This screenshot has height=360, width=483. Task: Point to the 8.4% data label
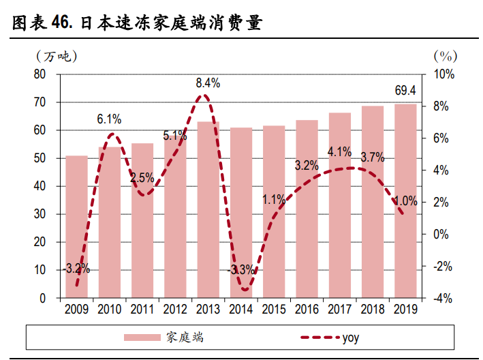click(x=208, y=83)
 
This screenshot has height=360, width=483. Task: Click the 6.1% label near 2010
click(x=109, y=119)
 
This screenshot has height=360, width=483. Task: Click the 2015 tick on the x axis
click(x=274, y=309)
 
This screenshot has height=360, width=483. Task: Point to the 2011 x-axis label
click(x=142, y=309)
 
